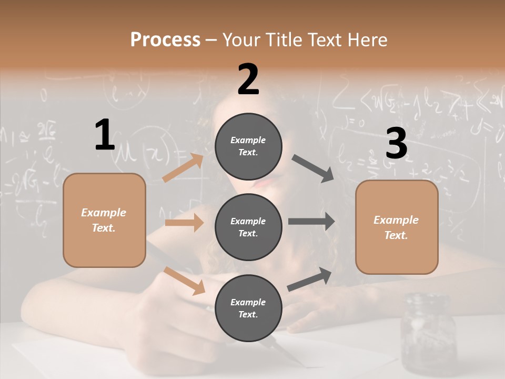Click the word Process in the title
(x=165, y=40)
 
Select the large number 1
(x=105, y=135)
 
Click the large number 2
(x=248, y=79)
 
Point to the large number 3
(x=396, y=144)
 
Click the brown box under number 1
(x=104, y=220)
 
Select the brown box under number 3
(x=397, y=227)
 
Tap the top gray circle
(x=248, y=146)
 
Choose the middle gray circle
(x=248, y=227)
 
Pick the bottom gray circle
(x=248, y=308)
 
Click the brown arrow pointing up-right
(x=183, y=168)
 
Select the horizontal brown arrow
(x=184, y=223)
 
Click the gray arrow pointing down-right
(x=313, y=168)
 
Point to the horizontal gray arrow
(x=311, y=222)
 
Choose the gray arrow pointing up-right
(x=309, y=279)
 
